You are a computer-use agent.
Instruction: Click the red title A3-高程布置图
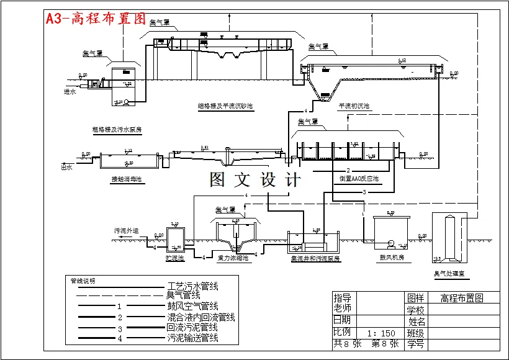[96, 19]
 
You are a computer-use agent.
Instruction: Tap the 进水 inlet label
[70, 92]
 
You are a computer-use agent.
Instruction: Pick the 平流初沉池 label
[354, 106]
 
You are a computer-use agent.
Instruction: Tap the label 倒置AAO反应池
[359, 179]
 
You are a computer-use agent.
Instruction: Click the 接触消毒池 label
[127, 179]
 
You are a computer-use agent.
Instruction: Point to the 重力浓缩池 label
[233, 258]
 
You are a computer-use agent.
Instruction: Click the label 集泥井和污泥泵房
[315, 258]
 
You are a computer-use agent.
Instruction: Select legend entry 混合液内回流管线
[200, 318]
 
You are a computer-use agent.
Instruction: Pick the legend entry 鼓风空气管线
[192, 307]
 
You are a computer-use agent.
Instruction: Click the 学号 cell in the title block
[415, 343]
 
